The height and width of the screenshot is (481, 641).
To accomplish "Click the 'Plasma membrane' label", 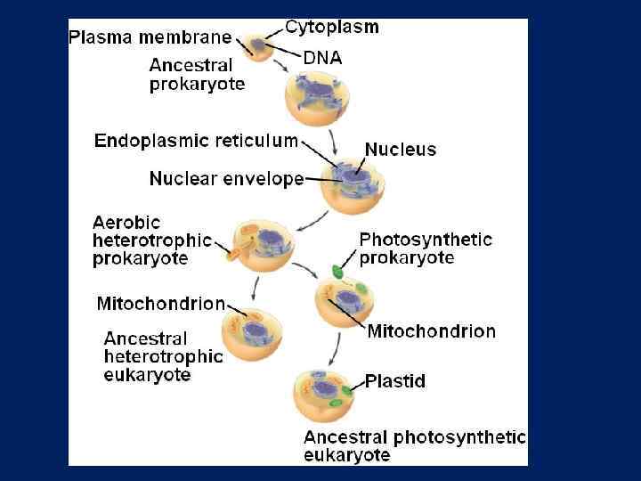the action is tap(150, 38).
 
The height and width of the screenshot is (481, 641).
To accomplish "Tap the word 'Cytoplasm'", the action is tap(331, 27).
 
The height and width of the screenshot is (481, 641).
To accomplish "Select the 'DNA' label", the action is tap(322, 58).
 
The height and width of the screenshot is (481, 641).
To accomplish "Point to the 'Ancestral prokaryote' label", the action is tap(197, 75).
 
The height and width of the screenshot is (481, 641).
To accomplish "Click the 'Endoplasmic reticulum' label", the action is tap(196, 141).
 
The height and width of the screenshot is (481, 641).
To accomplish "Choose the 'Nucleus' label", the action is tap(401, 149).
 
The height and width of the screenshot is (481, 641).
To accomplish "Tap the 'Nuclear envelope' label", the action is tap(226, 178).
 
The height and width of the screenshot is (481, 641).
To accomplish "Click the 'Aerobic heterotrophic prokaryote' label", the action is tap(152, 240).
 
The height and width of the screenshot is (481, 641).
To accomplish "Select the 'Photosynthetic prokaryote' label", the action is tap(426, 249).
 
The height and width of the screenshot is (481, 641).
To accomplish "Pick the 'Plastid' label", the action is tap(395, 381).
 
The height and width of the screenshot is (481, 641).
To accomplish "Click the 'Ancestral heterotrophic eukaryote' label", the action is tap(163, 356).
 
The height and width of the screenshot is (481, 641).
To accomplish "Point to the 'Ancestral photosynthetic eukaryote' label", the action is tap(414, 446).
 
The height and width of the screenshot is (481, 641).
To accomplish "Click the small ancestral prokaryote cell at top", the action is tap(257, 45).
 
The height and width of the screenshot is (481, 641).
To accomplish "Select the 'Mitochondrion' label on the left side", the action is tap(160, 304).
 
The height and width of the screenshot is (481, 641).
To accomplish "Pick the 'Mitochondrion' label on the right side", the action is tap(431, 331).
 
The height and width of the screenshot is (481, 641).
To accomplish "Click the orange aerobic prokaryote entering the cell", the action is tap(235, 256).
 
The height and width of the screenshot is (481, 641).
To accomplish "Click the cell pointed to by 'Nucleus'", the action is tap(353, 186).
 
